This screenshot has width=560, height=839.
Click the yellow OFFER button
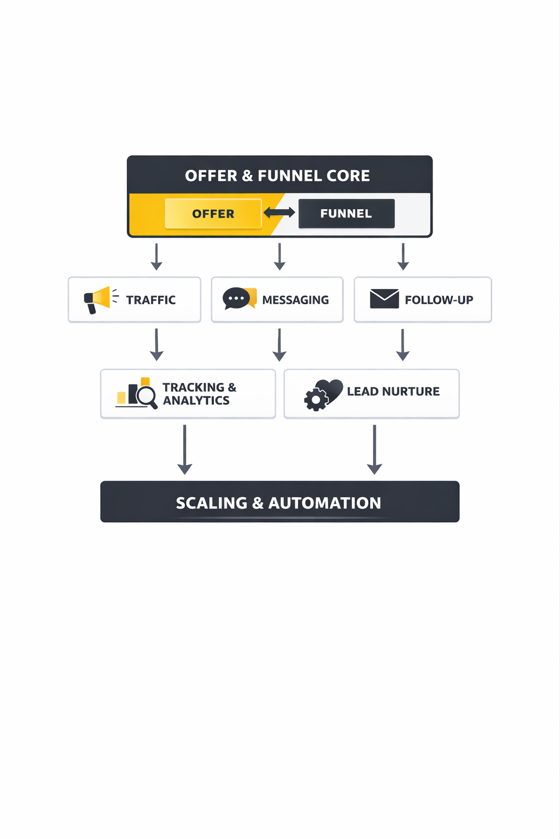pyautogui.click(x=213, y=214)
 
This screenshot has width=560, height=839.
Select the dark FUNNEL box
pyautogui.click(x=346, y=214)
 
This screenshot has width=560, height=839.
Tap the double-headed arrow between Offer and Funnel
pyautogui.click(x=279, y=212)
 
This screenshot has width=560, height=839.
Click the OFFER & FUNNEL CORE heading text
pyautogui.click(x=277, y=176)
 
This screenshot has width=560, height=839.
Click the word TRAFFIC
pyautogui.click(x=151, y=300)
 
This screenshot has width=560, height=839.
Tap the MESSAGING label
pyautogui.click(x=295, y=300)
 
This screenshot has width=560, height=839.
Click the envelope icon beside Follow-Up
pyautogui.click(x=384, y=299)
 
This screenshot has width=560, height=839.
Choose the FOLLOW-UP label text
pyautogui.click(x=439, y=300)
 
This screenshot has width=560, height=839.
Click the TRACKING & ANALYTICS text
pyautogui.click(x=199, y=394)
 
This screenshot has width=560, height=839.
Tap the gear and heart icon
pyautogui.click(x=323, y=394)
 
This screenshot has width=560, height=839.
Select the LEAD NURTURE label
pyautogui.click(x=393, y=392)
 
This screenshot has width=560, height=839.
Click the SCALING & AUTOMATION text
pyautogui.click(x=278, y=503)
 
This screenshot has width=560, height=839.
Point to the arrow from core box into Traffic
pyautogui.click(x=156, y=257)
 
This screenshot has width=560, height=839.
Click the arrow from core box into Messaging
pyautogui.click(x=279, y=257)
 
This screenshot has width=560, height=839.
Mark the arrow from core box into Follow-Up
pyautogui.click(x=403, y=257)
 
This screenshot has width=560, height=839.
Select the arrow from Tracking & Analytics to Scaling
pyautogui.click(x=185, y=450)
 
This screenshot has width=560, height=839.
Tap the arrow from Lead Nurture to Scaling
pyautogui.click(x=375, y=450)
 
